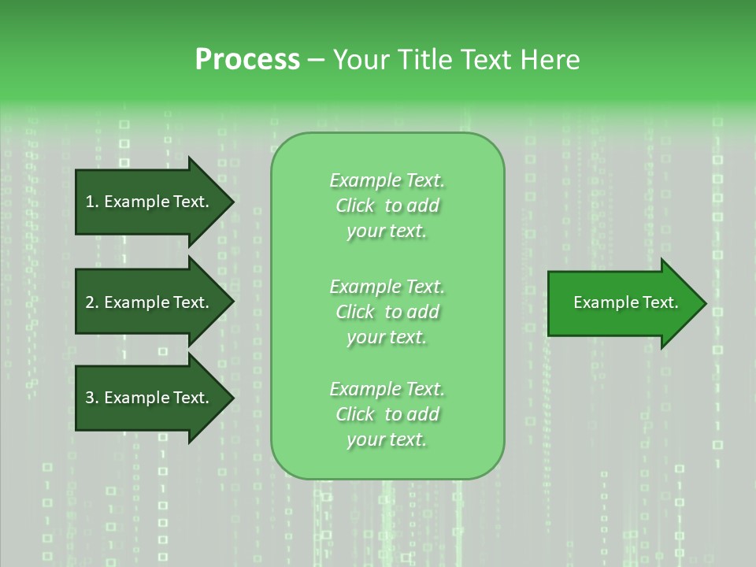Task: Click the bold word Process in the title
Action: [247, 60]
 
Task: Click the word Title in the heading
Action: [422, 60]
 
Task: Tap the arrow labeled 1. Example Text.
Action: [150, 202]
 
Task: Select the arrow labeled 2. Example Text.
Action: [150, 302]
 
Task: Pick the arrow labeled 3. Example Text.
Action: [150, 398]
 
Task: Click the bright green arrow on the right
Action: [622, 302]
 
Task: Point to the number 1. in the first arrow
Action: [92, 202]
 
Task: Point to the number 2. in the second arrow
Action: [92, 302]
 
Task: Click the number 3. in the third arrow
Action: [92, 398]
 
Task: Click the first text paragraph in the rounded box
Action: [387, 206]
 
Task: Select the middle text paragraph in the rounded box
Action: [387, 312]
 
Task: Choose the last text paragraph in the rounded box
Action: [387, 414]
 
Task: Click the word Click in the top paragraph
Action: [355, 206]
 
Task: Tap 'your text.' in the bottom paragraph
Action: [387, 439]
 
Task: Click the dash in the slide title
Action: [316, 60]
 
